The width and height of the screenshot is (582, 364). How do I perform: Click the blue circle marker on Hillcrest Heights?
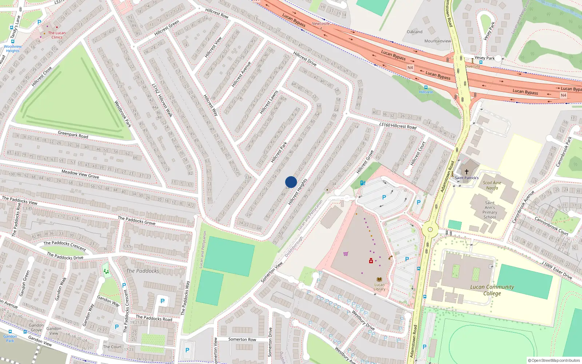click(291, 182)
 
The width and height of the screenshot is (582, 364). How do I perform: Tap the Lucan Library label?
click(379, 287)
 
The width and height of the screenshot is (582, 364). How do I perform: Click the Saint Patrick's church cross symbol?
click(466, 171)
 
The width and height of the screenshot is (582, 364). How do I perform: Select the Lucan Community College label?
click(492, 290)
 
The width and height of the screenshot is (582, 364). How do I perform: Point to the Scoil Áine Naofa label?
click(492, 185)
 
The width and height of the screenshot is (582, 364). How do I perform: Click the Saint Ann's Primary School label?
click(490, 210)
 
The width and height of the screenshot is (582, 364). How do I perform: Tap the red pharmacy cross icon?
click(371, 261)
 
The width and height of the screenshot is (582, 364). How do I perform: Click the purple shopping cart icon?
click(346, 254)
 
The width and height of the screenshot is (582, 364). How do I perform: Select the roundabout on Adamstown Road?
click(430, 229)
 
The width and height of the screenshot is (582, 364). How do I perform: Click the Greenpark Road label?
click(73, 135)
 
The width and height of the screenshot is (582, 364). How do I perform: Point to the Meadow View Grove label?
click(80, 174)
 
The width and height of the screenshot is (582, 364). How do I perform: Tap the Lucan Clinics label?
click(57, 35)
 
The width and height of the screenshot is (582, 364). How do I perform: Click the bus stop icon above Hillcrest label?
click(426, 87)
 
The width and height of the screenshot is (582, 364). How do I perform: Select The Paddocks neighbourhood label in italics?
click(143, 271)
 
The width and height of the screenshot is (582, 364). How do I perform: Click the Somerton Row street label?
click(242, 339)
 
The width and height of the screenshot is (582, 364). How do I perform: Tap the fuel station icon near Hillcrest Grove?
click(363, 183)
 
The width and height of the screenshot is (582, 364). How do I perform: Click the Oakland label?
click(414, 32)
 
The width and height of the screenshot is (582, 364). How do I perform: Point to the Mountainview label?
click(437, 41)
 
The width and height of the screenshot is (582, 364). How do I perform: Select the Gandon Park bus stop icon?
click(10, 332)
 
